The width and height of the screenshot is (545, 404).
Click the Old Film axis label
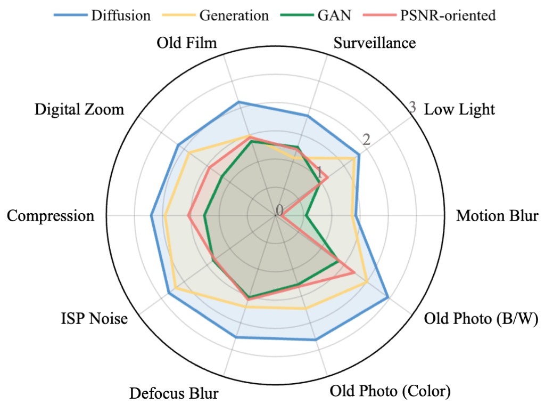187,43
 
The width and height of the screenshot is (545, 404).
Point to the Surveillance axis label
374,43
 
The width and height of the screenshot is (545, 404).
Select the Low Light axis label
459,110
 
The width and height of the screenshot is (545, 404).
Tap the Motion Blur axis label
498,216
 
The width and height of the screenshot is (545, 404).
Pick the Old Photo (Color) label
390,391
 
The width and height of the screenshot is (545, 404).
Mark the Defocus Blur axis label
174,394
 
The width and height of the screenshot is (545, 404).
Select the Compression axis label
51,216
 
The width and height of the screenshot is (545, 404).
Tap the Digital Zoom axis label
79,110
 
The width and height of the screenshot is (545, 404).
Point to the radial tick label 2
366,140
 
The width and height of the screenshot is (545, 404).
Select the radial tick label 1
320,173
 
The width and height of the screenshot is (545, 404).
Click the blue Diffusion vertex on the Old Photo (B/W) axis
387,297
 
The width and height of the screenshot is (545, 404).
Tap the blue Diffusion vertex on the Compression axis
152,216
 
